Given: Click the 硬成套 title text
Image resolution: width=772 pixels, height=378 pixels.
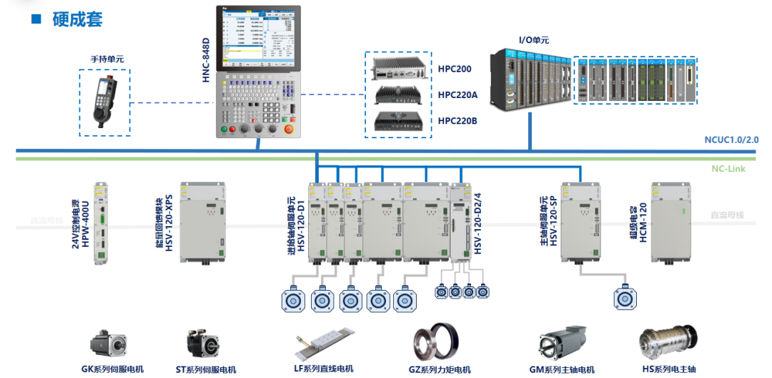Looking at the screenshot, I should [x=77, y=19].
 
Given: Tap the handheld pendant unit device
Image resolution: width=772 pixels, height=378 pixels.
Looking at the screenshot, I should [x=107, y=100].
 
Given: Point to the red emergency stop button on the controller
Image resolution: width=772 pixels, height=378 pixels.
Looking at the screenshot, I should [x=289, y=129].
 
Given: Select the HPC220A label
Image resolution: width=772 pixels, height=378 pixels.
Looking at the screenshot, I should [x=457, y=94].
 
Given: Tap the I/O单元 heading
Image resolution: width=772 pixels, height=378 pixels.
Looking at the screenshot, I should [x=533, y=41].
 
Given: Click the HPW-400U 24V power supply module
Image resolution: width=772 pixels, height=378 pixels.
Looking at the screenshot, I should [x=101, y=223].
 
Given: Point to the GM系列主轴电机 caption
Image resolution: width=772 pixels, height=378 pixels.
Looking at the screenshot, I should [x=561, y=369].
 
